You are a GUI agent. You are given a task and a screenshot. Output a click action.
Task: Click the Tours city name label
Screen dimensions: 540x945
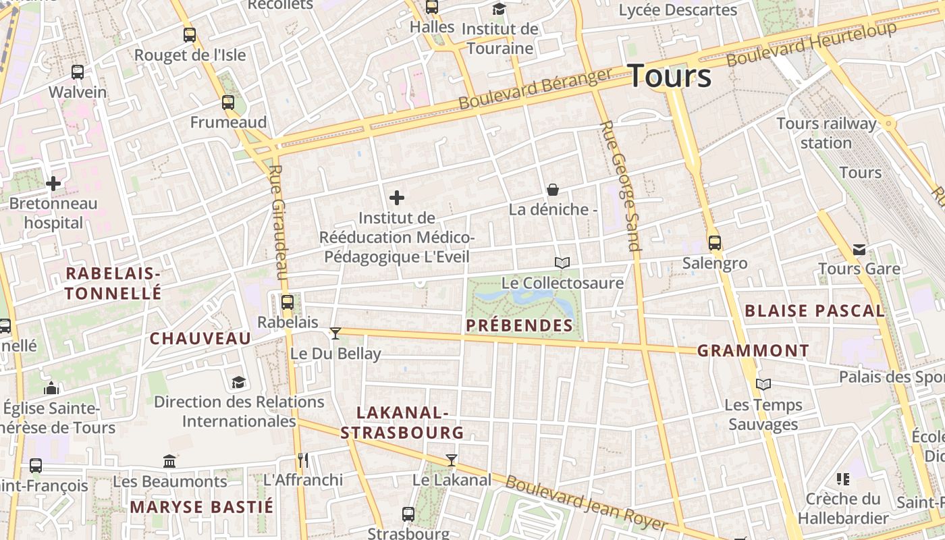(669, 76)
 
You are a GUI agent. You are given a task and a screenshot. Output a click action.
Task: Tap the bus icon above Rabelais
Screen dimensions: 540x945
(288, 302)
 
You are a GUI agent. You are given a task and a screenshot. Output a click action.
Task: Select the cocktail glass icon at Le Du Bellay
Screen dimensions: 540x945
(335, 333)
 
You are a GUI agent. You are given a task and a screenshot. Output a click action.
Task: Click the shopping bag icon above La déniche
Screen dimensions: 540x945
(553, 190)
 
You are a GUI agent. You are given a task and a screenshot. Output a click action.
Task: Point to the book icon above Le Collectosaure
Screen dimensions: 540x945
(562, 263)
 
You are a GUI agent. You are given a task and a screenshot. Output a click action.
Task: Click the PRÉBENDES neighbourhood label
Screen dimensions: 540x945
(520, 326)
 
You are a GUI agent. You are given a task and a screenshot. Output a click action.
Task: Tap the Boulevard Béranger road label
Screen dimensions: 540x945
(535, 88)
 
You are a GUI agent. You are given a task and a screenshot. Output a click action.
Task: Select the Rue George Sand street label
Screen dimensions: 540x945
(620, 186)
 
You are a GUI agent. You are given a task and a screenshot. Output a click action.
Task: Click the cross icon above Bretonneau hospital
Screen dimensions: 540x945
(53, 183)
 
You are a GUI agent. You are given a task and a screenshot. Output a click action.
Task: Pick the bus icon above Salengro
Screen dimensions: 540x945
(714, 243)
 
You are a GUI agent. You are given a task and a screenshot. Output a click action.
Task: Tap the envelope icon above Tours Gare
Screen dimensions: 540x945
(859, 250)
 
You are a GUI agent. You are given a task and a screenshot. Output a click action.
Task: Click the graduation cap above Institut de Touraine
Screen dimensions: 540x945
(499, 9)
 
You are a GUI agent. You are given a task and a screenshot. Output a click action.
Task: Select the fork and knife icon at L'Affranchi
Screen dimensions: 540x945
(302, 460)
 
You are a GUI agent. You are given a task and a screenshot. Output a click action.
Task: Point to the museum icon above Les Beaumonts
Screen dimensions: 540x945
(169, 462)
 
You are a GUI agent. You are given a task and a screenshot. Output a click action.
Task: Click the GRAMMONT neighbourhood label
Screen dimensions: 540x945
(753, 351)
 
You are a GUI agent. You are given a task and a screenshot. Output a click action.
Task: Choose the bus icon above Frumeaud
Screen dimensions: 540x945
(228, 103)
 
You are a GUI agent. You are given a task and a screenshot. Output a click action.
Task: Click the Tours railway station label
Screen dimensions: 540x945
(826, 133)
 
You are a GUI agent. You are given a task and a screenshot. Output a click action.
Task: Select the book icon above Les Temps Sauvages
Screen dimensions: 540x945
(763, 385)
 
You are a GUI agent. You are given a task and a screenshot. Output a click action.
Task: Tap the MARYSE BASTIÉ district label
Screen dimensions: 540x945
(202, 507)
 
